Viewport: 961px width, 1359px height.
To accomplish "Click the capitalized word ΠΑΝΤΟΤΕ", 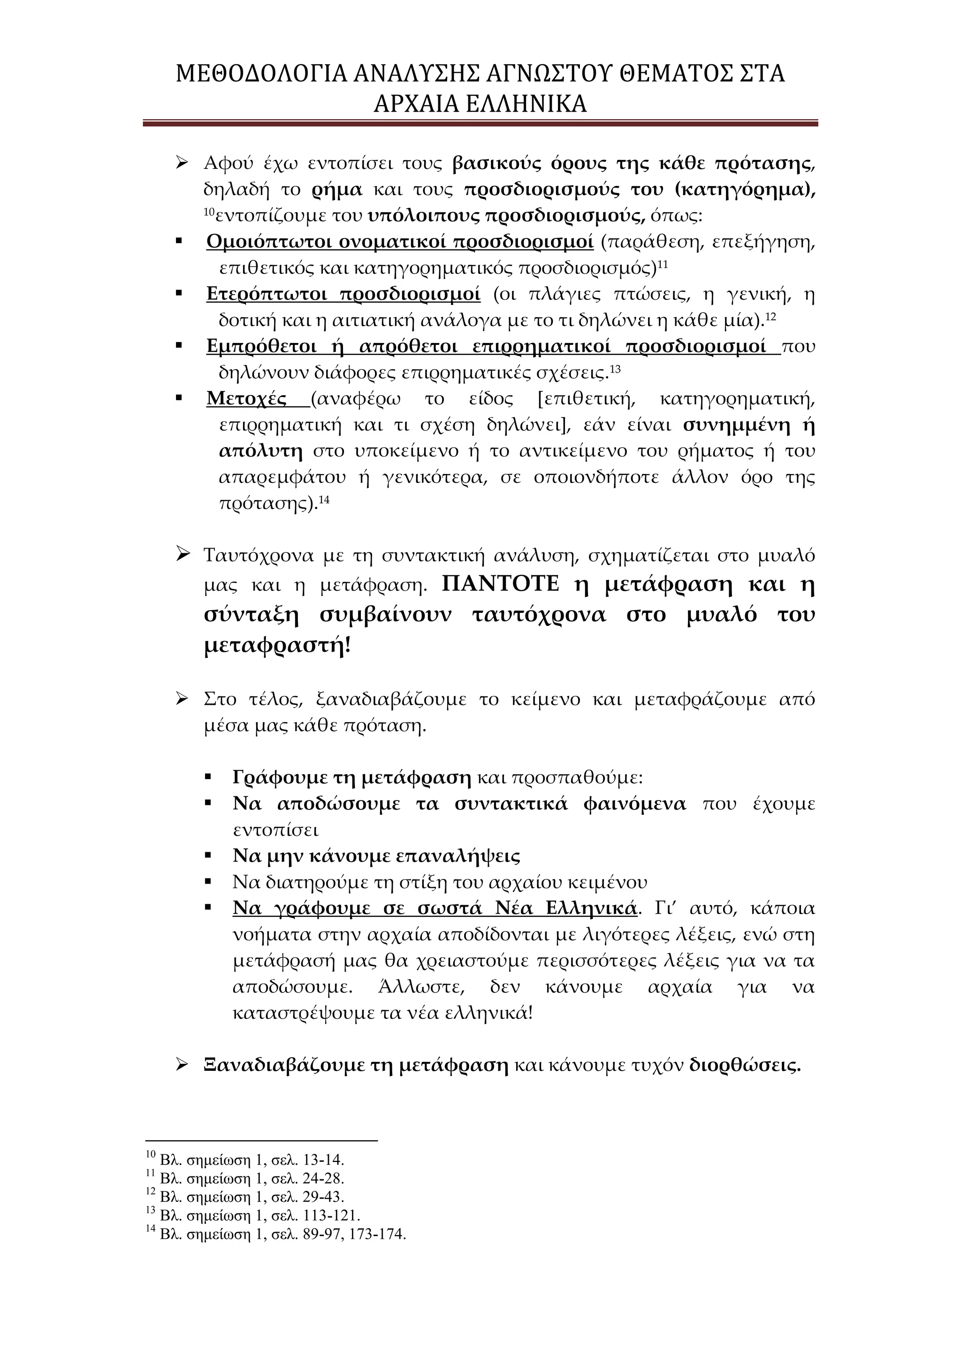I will pos(500,584).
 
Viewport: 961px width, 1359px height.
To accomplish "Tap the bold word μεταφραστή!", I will pos(277,646).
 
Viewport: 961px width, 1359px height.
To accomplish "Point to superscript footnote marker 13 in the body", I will pos(615,368).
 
